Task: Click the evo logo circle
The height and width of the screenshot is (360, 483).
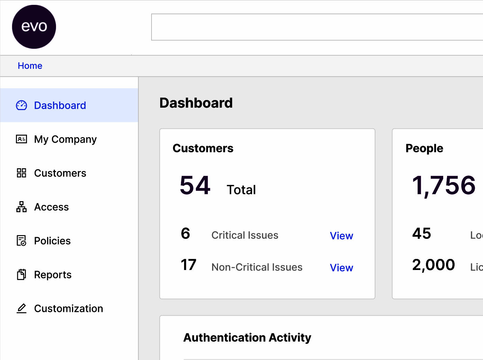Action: coord(34,27)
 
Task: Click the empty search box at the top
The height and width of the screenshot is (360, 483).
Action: coord(317,27)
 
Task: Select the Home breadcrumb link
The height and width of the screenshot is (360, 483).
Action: coord(30,66)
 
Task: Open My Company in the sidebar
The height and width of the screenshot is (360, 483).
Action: coord(65,139)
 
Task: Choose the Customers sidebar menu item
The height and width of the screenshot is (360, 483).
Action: coord(60,173)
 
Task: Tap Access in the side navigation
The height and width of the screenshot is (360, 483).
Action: coord(51,207)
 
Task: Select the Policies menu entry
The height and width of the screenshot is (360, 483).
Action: coord(52,241)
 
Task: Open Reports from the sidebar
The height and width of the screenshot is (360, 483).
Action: coord(53,275)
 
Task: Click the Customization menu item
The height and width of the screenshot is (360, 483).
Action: coord(69,308)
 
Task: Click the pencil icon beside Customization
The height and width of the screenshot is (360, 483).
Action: coord(21,308)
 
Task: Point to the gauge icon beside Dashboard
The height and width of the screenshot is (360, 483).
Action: coord(21,105)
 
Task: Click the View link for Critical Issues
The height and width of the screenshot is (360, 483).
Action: coord(341,236)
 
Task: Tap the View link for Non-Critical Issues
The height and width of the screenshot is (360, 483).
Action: coord(341,268)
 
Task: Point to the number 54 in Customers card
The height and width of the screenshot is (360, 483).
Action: coord(195,185)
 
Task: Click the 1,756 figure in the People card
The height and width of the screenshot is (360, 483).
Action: coord(444,185)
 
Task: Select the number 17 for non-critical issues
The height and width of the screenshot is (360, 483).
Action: coord(189,265)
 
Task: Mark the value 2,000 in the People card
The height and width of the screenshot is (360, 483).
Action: coord(433,265)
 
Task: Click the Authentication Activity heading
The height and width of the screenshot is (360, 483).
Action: coord(247,337)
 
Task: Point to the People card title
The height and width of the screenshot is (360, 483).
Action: coord(424,148)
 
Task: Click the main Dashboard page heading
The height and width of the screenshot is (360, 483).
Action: coord(196,103)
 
